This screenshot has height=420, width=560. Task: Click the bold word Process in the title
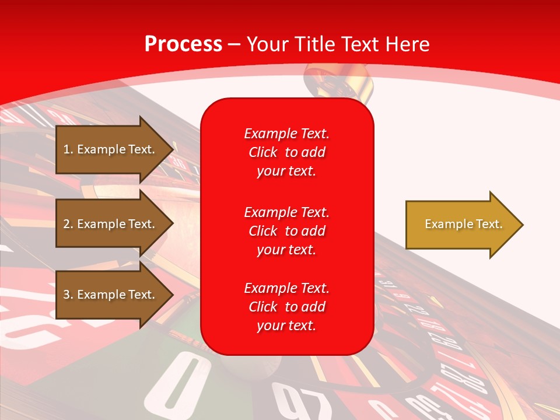(183, 44)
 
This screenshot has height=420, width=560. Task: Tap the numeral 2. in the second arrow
(68, 224)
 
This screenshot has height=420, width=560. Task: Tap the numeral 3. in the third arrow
(68, 295)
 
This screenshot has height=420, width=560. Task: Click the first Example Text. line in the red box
(286, 134)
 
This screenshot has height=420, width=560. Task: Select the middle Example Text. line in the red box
(286, 212)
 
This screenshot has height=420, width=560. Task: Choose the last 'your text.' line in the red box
(286, 325)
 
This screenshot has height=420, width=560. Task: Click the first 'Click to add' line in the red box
(286, 152)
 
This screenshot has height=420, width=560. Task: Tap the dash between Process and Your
(234, 45)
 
